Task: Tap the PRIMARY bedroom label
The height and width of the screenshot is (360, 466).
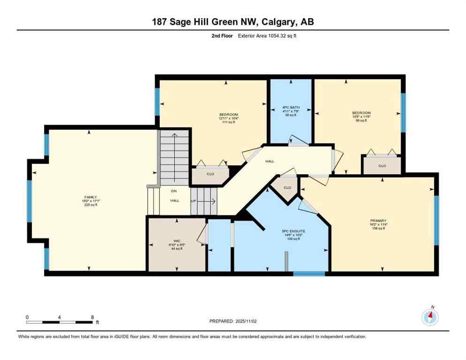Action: pos(378,220)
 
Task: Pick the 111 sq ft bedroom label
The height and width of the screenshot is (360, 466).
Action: pos(229,115)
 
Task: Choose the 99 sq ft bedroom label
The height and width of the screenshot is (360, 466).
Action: pos(361,113)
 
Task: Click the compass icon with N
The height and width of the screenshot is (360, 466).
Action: pos(430,317)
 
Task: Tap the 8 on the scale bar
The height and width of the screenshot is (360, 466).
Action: pos(92,317)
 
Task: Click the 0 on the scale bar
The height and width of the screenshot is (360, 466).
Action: pos(27,317)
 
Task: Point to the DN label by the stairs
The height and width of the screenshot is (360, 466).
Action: pos(173,192)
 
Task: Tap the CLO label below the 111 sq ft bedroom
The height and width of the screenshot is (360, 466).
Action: pos(210,174)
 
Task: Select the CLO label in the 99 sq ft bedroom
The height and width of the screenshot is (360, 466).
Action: pos(382,165)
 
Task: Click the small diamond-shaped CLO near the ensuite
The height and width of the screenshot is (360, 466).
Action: pos(287,187)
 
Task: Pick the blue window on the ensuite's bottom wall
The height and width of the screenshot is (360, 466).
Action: pos(309,273)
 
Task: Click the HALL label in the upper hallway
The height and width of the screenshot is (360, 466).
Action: pos(270,161)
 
